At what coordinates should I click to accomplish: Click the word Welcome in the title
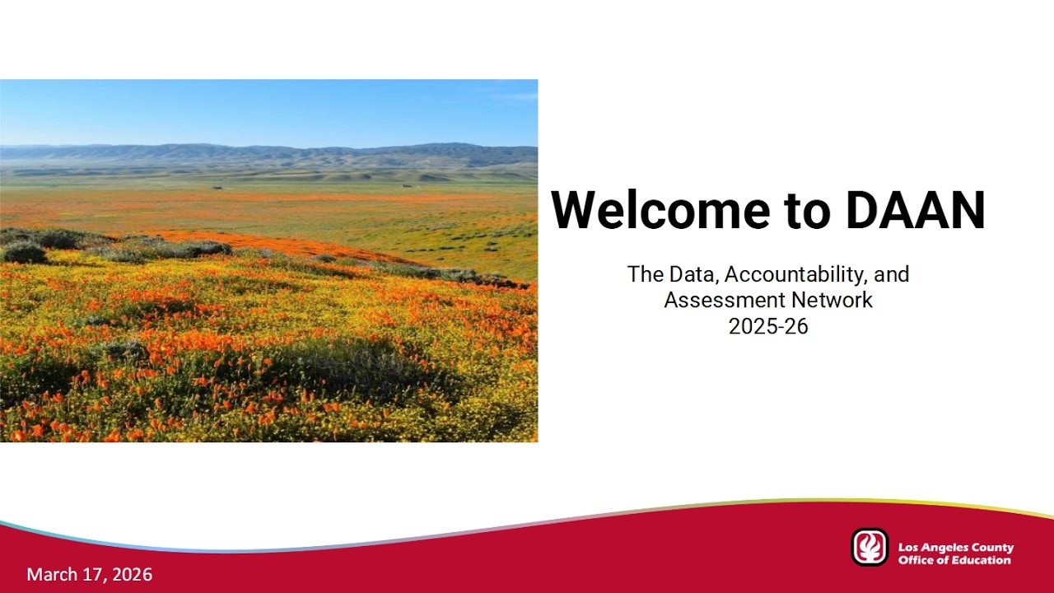coord(660,210)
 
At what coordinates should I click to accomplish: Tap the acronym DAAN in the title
coord(915,210)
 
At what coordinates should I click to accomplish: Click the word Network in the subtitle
coord(832,300)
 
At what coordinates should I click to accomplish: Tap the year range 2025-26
coord(768,326)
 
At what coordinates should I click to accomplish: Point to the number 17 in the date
coord(92,574)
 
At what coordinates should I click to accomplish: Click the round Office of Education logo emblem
coord(870,548)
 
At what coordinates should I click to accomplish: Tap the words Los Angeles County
coord(955,547)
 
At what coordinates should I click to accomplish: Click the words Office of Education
coord(954,560)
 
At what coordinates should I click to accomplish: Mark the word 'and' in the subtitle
coord(893,274)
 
